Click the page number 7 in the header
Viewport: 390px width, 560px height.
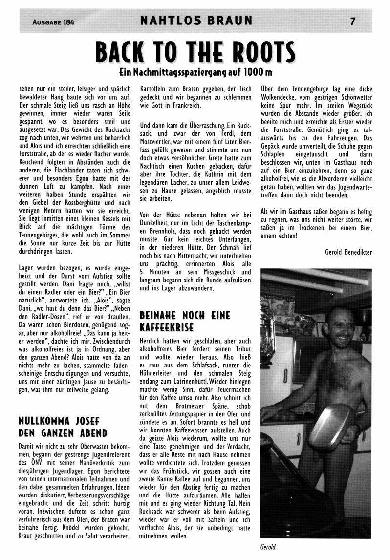[x=352, y=21]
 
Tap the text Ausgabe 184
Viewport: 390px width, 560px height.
[x=54, y=22]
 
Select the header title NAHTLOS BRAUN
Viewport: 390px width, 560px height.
[x=196, y=21]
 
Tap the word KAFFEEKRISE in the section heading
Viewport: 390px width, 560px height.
[x=166, y=326]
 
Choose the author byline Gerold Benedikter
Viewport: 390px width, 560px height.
[x=348, y=252]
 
